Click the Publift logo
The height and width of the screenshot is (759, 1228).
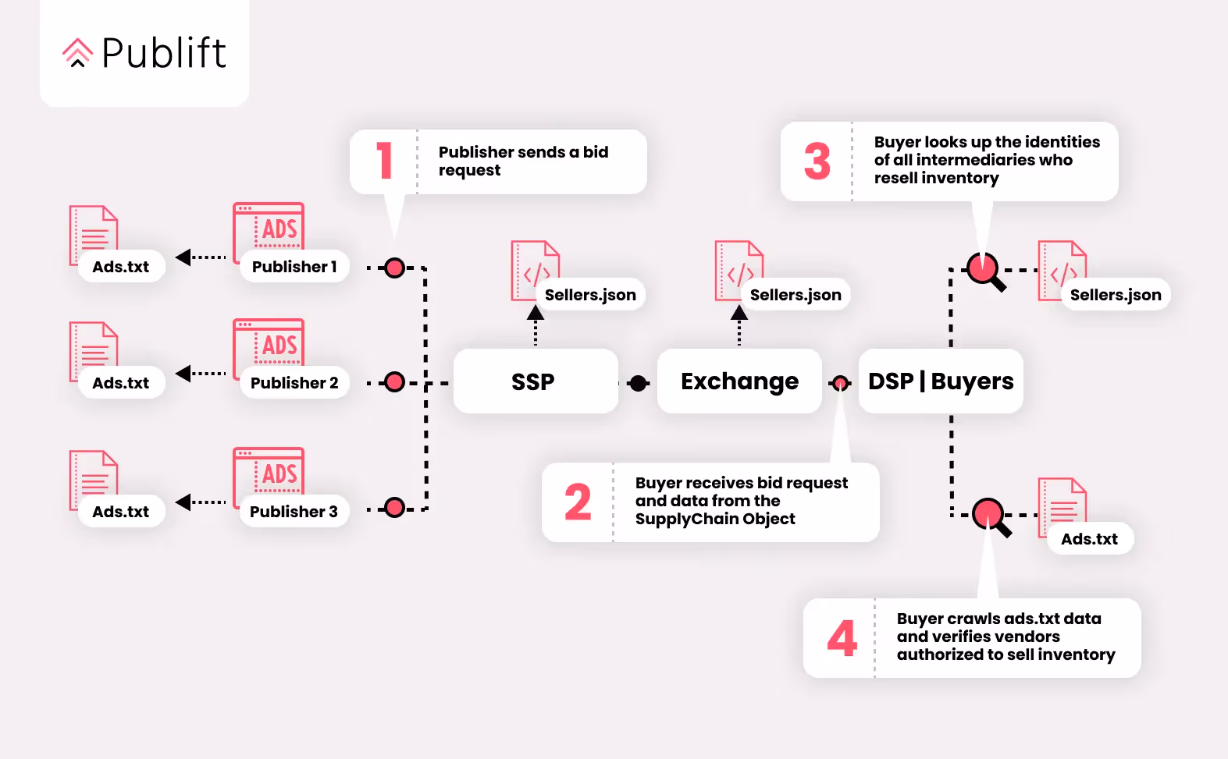coord(144,53)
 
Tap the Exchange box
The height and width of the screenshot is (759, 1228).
coord(739,381)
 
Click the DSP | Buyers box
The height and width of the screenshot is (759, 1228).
coord(941,381)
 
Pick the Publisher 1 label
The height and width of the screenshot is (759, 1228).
coord(294,267)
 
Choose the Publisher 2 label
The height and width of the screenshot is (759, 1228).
coord(294,383)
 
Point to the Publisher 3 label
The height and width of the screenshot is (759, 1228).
coord(294,512)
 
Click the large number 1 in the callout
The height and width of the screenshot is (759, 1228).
coord(384,161)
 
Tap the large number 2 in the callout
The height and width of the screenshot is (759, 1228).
coord(578,502)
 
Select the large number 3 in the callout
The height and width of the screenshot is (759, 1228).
coord(817,161)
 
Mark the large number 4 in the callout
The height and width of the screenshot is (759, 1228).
coord(842,638)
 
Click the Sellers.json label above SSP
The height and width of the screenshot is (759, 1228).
coord(590,295)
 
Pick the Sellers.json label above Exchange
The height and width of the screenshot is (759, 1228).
coord(796,295)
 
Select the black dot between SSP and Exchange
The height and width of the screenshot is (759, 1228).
coord(639,383)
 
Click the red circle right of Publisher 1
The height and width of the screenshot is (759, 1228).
coord(395,268)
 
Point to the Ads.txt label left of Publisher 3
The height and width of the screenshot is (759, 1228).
coord(121,512)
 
